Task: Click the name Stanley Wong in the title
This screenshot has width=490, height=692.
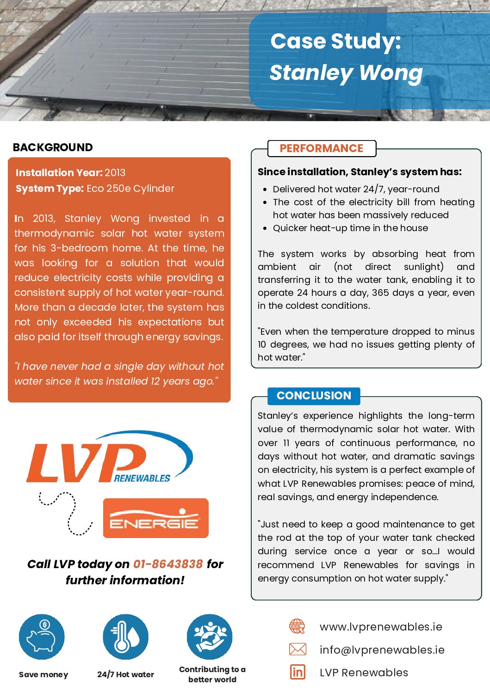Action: click(346, 73)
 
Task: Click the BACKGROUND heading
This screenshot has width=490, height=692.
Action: click(53, 147)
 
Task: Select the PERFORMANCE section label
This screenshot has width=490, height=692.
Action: click(322, 148)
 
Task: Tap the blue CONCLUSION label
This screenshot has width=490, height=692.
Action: click(314, 396)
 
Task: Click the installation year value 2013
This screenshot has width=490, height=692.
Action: click(115, 173)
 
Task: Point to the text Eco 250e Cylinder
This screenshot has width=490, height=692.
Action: click(130, 189)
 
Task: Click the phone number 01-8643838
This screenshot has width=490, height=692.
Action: click(168, 564)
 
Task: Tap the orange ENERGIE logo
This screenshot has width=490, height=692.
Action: click(155, 518)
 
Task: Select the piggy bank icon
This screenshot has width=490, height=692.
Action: click(42, 637)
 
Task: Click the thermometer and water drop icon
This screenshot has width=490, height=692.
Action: click(125, 637)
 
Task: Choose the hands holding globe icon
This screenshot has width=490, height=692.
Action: click(210, 637)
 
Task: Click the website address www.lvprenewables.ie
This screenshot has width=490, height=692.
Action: click(381, 627)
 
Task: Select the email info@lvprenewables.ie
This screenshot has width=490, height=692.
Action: click(382, 650)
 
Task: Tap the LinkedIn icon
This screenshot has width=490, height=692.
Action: click(298, 672)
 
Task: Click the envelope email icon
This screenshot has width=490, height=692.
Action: click(298, 649)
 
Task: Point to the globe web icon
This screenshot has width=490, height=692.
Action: click(297, 627)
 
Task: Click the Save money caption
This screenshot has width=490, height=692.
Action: click(43, 675)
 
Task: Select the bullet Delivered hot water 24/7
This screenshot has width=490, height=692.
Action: click(356, 189)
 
